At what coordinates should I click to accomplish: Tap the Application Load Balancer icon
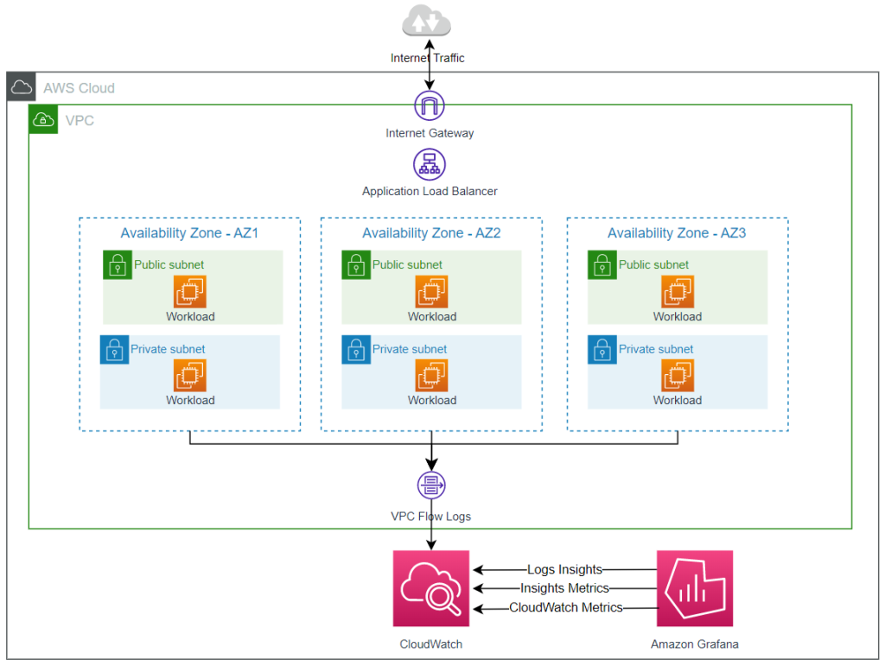pyautogui.click(x=430, y=164)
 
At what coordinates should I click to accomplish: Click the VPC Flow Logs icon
pyautogui.click(x=430, y=486)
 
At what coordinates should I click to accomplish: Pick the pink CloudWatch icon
pyautogui.click(x=431, y=588)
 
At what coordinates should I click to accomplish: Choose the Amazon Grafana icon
pyautogui.click(x=694, y=588)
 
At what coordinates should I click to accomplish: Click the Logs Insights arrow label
pyautogui.click(x=564, y=569)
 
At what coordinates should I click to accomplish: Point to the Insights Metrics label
pyautogui.click(x=564, y=588)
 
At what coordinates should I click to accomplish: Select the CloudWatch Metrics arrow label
pyautogui.click(x=565, y=607)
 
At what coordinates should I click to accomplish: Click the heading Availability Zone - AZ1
pyautogui.click(x=189, y=233)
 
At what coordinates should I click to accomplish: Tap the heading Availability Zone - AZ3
pyautogui.click(x=677, y=233)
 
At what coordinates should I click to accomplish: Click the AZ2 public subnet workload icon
pyautogui.click(x=431, y=292)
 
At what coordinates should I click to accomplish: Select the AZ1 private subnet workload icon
pyautogui.click(x=190, y=376)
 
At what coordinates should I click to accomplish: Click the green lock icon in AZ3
pyautogui.click(x=602, y=265)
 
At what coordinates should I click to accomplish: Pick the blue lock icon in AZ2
pyautogui.click(x=356, y=349)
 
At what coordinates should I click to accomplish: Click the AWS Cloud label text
pyautogui.click(x=79, y=88)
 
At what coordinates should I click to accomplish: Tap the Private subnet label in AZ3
pyautogui.click(x=656, y=349)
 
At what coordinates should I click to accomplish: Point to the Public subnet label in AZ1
pyautogui.click(x=169, y=264)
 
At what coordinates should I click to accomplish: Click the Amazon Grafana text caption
pyautogui.click(x=694, y=644)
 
